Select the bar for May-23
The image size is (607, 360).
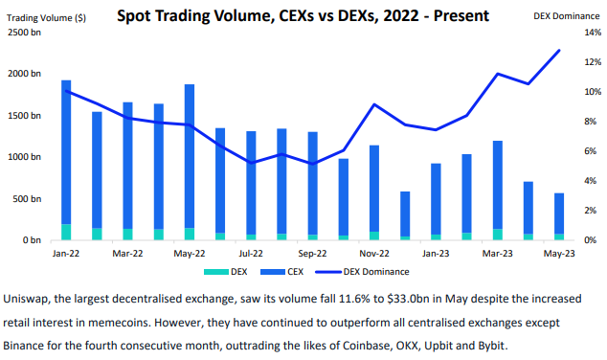pyautogui.click(x=558, y=215)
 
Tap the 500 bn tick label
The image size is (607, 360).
pyautogui.click(x=28, y=198)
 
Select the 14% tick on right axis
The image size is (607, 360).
pyautogui.click(x=591, y=33)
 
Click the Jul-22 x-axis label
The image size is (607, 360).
pyautogui.click(x=251, y=254)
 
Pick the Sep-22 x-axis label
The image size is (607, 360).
pyautogui.click(x=312, y=254)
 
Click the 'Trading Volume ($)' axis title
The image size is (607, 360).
pyautogui.click(x=46, y=16)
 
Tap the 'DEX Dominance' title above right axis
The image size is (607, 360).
pyautogui.click(x=566, y=16)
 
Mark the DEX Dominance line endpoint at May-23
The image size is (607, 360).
pyautogui.click(x=559, y=51)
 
